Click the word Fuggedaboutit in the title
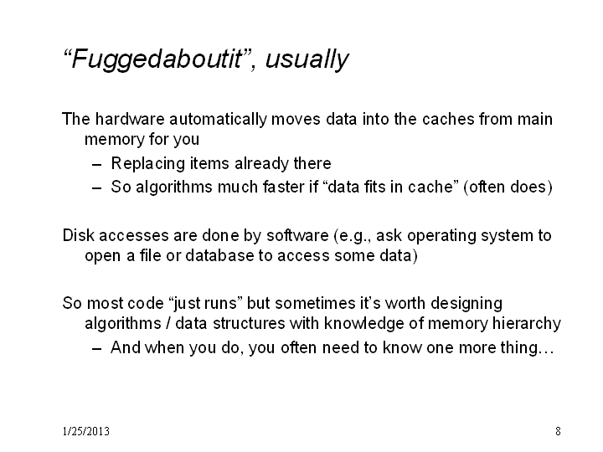pyautogui.click(x=157, y=59)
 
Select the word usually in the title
pyautogui.click(x=307, y=59)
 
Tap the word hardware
pyautogui.click(x=130, y=119)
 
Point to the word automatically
pyautogui.click(x=218, y=120)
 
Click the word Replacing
pyautogui.click(x=148, y=164)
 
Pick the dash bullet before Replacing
pyautogui.click(x=97, y=165)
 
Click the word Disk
pyautogui.click(x=78, y=235)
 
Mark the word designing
pyautogui.click(x=466, y=304)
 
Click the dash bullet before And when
pyautogui.click(x=97, y=349)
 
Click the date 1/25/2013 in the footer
pyautogui.click(x=86, y=431)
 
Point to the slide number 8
pyautogui.click(x=558, y=431)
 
